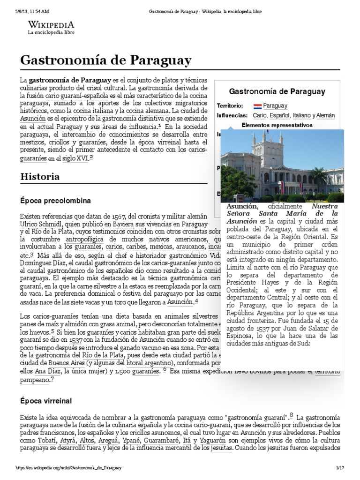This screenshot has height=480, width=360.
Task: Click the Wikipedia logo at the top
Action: [51, 28]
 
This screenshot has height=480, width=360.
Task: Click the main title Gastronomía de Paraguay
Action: [105, 60]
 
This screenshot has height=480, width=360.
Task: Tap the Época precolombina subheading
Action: [55, 201]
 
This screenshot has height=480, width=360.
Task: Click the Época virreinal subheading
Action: [45, 401]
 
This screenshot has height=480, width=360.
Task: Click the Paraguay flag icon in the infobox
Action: [257, 106]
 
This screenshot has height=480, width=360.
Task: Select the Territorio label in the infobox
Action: [230, 106]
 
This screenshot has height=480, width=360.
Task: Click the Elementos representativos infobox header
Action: [277, 125]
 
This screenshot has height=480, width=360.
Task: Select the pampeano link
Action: [34, 380]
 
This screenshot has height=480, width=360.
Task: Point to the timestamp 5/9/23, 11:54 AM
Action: [36, 11]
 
